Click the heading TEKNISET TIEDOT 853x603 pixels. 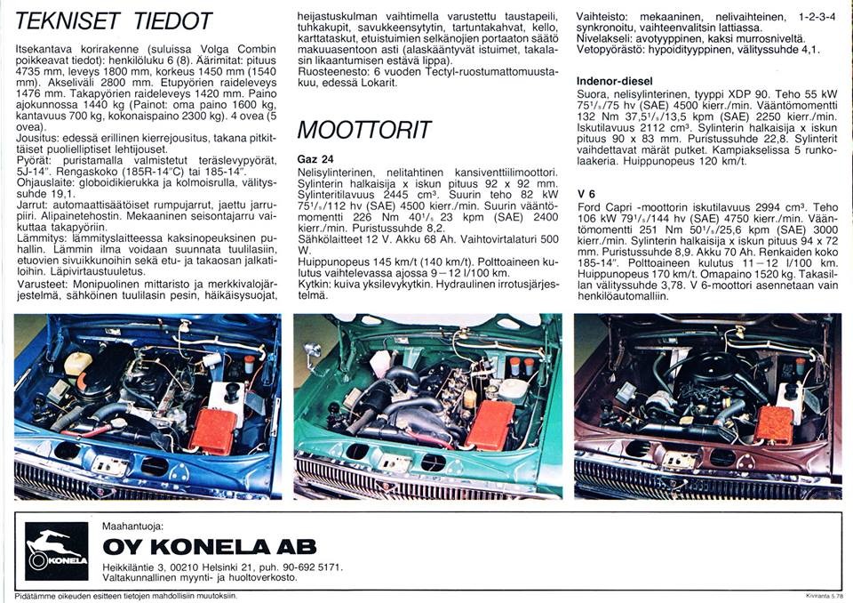(x=115, y=20)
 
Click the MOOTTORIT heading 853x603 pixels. (x=364, y=130)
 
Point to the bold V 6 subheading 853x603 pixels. (x=586, y=193)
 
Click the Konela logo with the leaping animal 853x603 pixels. (x=57, y=551)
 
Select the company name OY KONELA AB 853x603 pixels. (x=209, y=547)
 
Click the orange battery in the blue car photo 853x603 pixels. (x=213, y=430)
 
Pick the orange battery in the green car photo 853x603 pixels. (x=490, y=424)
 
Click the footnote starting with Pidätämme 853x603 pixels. (x=124, y=595)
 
